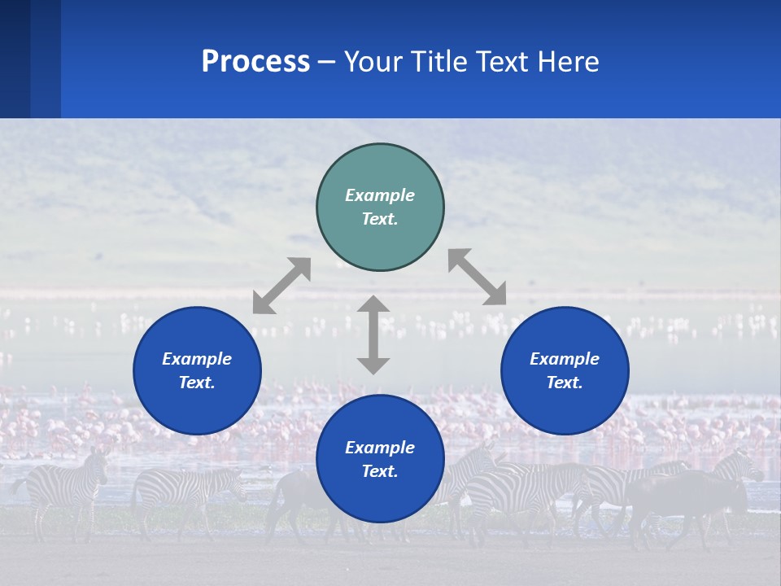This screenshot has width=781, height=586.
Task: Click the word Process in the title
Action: click(255, 62)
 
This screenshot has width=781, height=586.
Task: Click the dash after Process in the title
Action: click(327, 63)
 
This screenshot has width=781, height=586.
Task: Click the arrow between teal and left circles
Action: click(281, 286)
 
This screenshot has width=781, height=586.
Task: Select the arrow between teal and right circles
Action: click(477, 277)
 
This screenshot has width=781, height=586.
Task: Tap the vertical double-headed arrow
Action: click(373, 335)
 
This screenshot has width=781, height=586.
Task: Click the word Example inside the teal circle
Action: click(380, 195)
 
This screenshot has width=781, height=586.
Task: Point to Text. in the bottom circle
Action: click(380, 471)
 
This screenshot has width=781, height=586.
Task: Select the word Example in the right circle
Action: click(565, 359)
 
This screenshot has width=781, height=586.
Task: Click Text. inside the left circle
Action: click(197, 383)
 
